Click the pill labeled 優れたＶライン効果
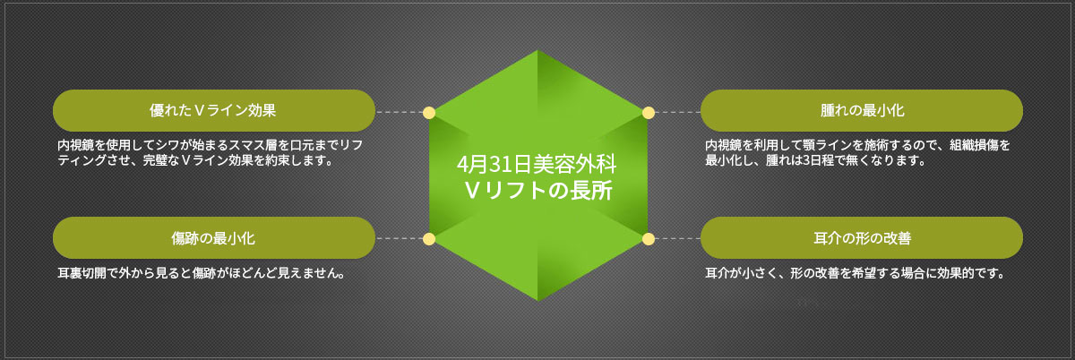(213, 110)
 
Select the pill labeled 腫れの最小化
(862, 110)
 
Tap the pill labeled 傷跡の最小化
(213, 237)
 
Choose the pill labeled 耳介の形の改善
(862, 237)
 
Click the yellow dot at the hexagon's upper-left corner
(429, 113)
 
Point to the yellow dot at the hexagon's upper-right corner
(649, 113)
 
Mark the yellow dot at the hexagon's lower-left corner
(429, 239)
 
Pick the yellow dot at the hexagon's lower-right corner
(649, 239)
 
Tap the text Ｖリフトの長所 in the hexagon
(537, 191)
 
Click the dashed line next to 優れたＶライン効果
(400, 112)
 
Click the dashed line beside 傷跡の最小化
(400, 238)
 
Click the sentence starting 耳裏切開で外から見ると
(202, 273)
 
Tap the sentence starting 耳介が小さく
(855, 273)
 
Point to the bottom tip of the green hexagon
(538, 301)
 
